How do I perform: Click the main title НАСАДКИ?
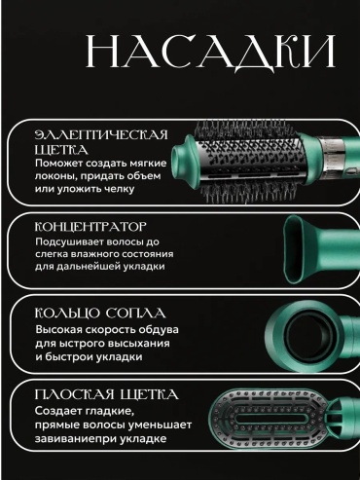tap(211, 52)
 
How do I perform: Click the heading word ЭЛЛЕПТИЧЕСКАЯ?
tap(101, 135)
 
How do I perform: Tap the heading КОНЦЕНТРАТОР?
tap(90, 227)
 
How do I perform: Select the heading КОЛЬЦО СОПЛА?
tap(100, 314)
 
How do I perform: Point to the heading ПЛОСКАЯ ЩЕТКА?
tap(106, 395)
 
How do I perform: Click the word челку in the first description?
tap(119, 189)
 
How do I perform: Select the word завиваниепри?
tap(76, 439)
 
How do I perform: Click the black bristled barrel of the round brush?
tap(250, 161)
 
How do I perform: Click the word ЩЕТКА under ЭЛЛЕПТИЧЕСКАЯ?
tap(61, 150)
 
